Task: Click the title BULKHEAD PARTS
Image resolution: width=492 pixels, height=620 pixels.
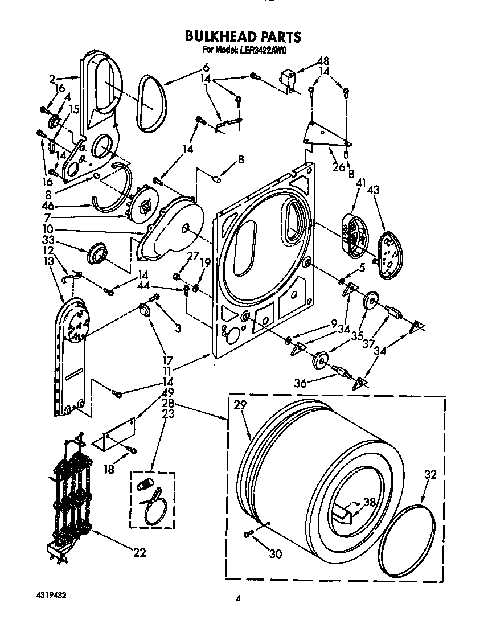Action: coord(243,37)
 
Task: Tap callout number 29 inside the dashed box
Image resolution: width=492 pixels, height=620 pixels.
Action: coord(240,405)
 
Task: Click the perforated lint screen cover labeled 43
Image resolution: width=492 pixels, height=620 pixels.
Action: coord(389,257)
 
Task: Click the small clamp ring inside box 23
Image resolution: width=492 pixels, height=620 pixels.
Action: coord(153,510)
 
